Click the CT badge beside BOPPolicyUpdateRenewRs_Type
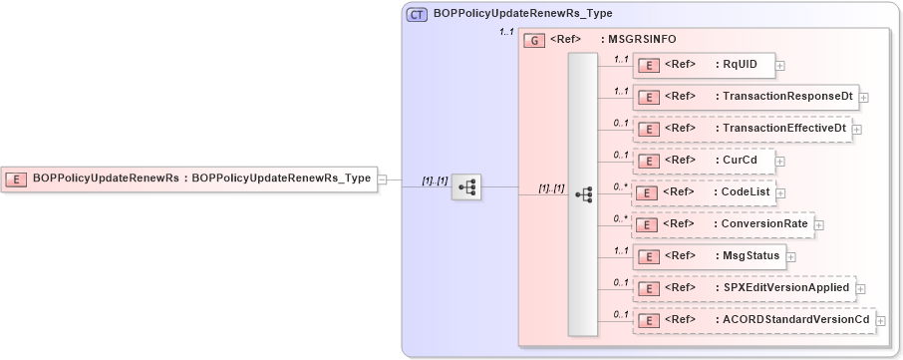418,14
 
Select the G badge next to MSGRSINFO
534,40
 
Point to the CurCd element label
736,161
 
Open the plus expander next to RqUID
780,66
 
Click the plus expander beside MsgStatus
790,257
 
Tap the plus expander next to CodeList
782,193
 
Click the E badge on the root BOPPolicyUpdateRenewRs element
17,179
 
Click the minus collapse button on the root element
381,179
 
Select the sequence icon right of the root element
465,186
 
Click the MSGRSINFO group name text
641,39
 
